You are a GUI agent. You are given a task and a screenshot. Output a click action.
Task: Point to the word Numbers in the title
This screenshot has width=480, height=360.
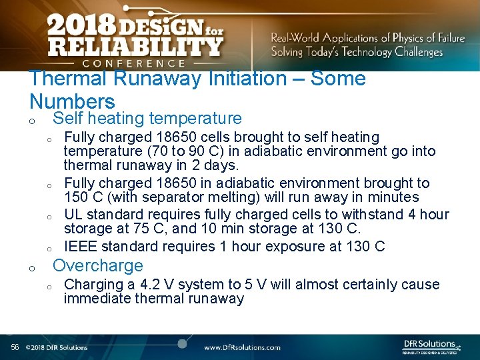[x=72, y=101]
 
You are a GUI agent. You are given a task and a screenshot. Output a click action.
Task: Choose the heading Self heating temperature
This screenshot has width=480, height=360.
[x=147, y=119]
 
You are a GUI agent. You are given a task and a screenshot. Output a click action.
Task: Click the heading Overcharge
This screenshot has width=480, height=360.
[x=97, y=265]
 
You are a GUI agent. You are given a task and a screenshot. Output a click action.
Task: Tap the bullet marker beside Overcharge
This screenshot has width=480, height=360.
[x=31, y=268]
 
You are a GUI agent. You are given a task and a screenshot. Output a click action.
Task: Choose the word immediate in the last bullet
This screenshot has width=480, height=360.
[x=97, y=299]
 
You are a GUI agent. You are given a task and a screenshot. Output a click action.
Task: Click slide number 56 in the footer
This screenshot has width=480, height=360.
[x=15, y=347]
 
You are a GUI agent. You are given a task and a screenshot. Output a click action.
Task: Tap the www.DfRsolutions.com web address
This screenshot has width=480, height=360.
[x=241, y=347]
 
